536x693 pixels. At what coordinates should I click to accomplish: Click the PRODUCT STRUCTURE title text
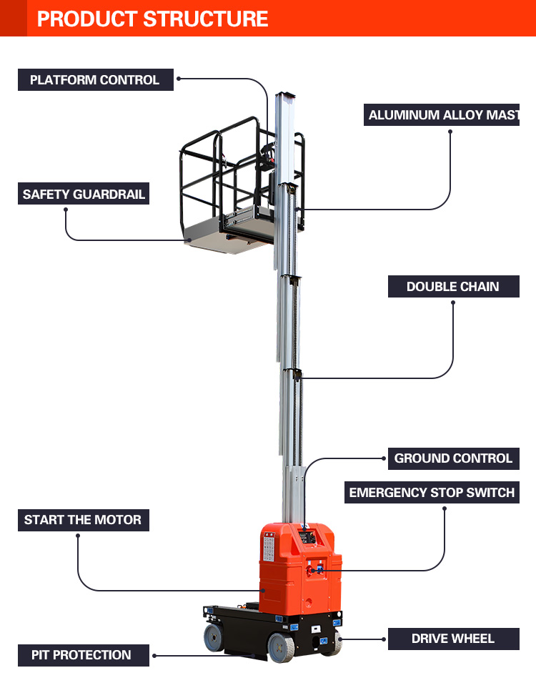(x=152, y=19)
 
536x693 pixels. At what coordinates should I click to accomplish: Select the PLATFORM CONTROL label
(x=95, y=79)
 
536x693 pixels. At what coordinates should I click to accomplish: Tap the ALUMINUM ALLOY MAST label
(x=442, y=115)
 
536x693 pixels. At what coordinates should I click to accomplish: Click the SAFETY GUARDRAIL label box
(x=84, y=194)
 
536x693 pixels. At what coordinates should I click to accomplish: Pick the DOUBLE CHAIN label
(x=452, y=286)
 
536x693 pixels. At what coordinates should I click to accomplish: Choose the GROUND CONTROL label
(x=453, y=458)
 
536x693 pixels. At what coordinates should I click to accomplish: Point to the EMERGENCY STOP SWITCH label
(x=432, y=493)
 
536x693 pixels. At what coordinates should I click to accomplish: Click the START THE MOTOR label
(x=83, y=520)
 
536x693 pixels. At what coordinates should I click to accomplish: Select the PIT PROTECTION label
(x=81, y=654)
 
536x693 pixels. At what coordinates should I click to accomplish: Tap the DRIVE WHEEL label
(x=452, y=639)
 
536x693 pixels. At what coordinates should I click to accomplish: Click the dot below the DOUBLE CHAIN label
(x=452, y=303)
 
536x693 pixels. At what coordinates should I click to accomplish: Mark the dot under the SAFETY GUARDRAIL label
(x=66, y=210)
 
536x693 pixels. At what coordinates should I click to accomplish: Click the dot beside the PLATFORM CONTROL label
(x=179, y=79)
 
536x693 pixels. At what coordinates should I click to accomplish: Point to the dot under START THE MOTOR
(x=76, y=536)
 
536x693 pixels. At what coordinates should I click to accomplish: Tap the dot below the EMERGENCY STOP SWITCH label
(x=444, y=508)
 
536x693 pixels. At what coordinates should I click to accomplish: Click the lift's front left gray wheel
(x=214, y=637)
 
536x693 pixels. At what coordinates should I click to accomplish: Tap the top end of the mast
(x=284, y=95)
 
